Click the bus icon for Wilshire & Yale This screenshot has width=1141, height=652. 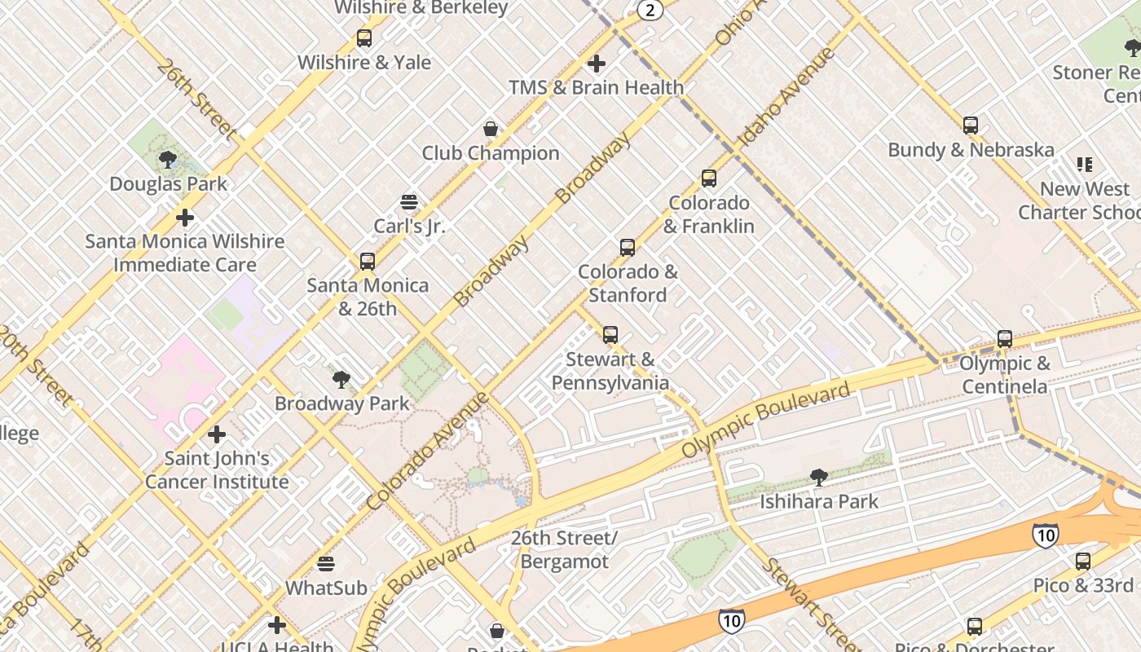pyautogui.click(x=364, y=37)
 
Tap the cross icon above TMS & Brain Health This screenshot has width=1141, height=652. pyautogui.click(x=597, y=63)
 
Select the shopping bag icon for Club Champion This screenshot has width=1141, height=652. pyautogui.click(x=491, y=129)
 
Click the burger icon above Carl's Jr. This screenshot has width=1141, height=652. pyautogui.click(x=409, y=202)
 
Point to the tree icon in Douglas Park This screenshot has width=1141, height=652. pyautogui.click(x=168, y=159)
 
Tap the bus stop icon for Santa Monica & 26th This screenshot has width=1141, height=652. pyautogui.click(x=368, y=261)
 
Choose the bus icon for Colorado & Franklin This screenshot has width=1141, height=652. pyautogui.click(x=709, y=178)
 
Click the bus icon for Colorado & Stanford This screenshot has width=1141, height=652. pyautogui.click(x=627, y=247)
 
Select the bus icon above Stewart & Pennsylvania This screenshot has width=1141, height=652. pyautogui.click(x=610, y=334)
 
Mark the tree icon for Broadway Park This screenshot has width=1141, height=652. pyautogui.click(x=341, y=379)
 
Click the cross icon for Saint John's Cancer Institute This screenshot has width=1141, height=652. pyautogui.click(x=217, y=434)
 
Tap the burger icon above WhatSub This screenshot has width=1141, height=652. pyautogui.click(x=326, y=563)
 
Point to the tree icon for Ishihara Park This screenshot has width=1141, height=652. pyautogui.click(x=819, y=478)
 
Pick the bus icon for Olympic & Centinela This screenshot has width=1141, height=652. pyautogui.click(x=1005, y=339)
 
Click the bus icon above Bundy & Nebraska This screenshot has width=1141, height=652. pyautogui.click(x=971, y=126)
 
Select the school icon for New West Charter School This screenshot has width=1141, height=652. pyautogui.click(x=1084, y=165)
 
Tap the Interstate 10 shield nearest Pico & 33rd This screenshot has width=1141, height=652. pyautogui.click(x=1045, y=535)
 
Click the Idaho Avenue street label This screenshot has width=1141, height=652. pyautogui.click(x=786, y=99)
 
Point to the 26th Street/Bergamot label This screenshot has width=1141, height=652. pyautogui.click(x=564, y=550)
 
